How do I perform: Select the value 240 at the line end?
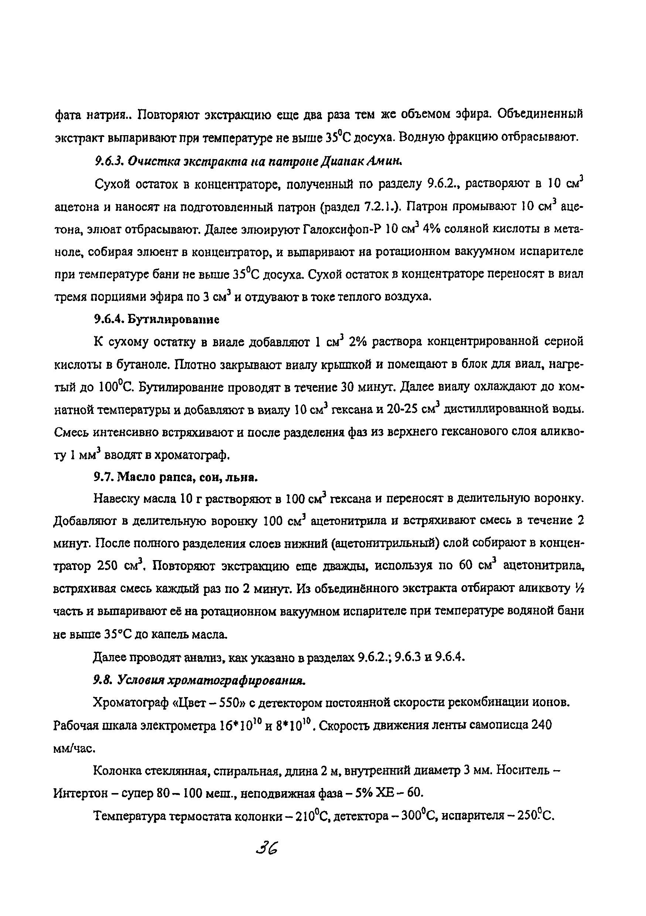coord(541,725)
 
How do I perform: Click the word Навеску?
coord(116,499)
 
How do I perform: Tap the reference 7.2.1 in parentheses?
coord(377,207)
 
